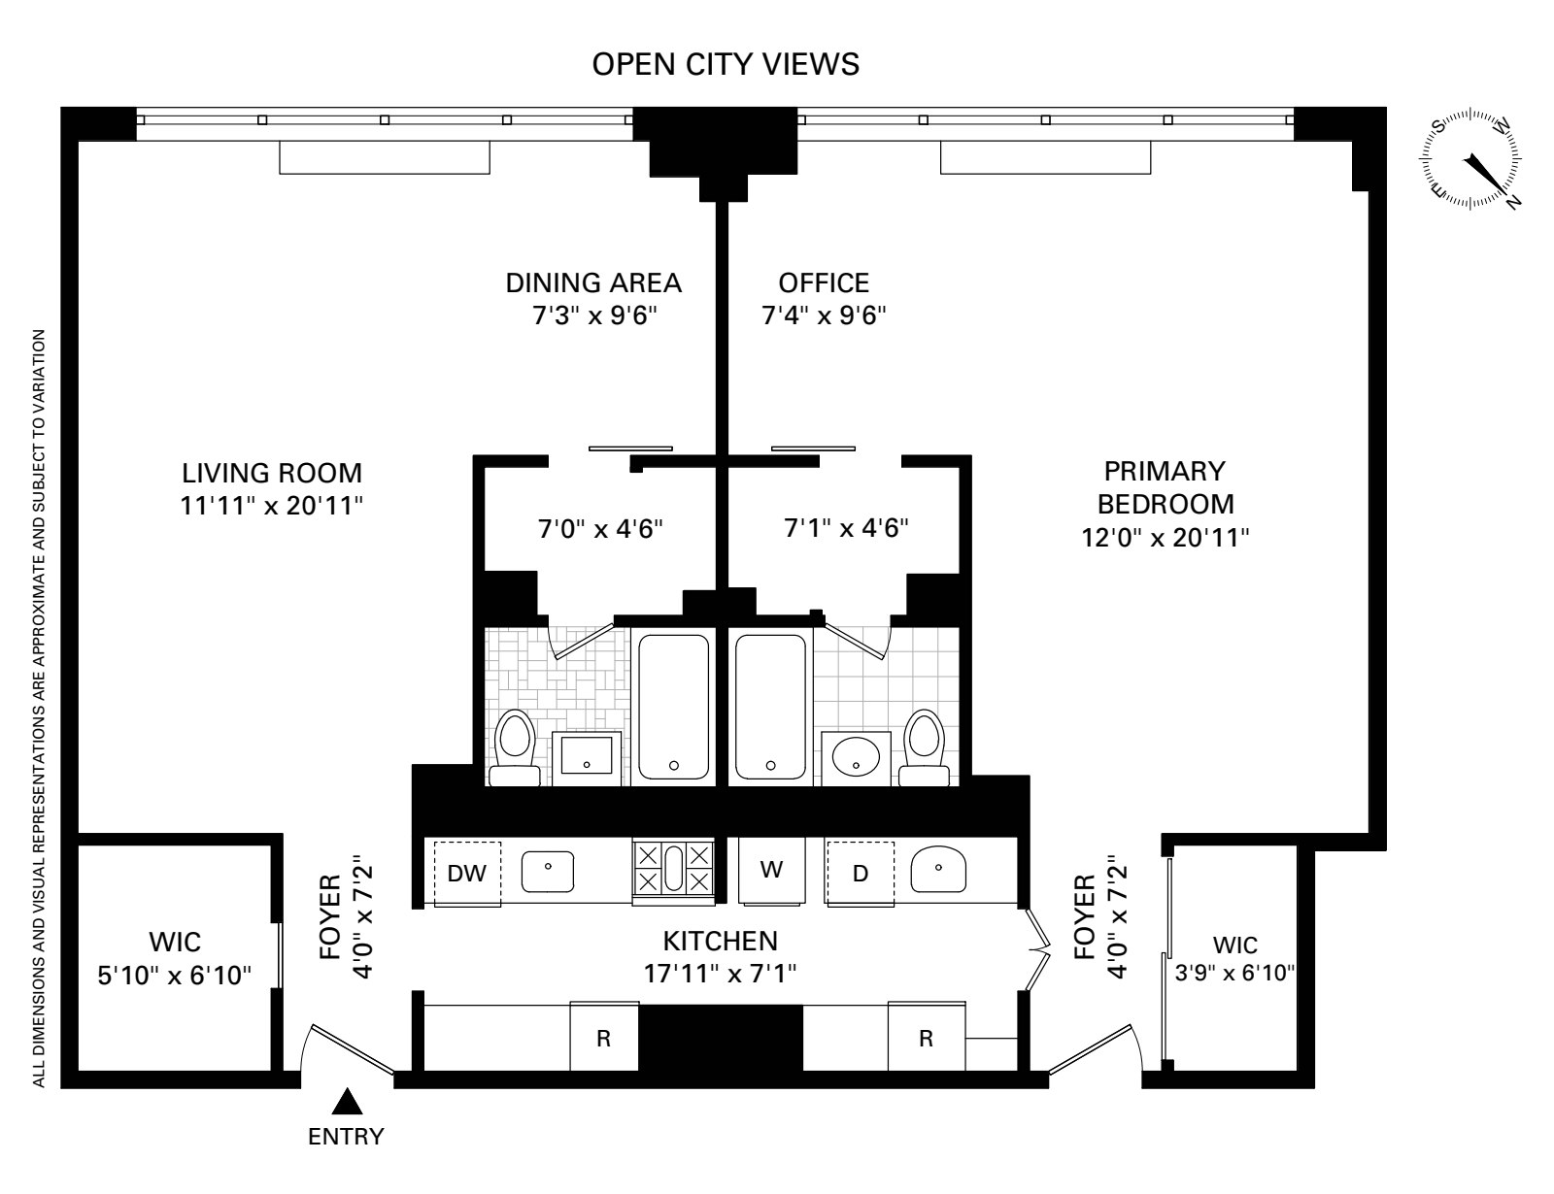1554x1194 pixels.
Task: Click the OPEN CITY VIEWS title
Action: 726,64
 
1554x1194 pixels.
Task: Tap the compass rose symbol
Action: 1472,158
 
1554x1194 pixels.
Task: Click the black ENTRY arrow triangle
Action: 348,1102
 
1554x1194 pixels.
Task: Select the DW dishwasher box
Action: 467,873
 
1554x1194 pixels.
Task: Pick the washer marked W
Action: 770,870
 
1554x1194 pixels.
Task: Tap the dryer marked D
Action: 860,873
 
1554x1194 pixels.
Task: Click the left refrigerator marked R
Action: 603,1038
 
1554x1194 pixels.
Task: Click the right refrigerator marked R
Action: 926,1038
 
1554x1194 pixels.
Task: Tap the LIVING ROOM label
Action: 272,474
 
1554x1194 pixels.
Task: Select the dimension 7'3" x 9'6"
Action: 593,316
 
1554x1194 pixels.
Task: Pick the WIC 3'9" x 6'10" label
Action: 1234,973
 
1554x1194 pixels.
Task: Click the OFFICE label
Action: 824,282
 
